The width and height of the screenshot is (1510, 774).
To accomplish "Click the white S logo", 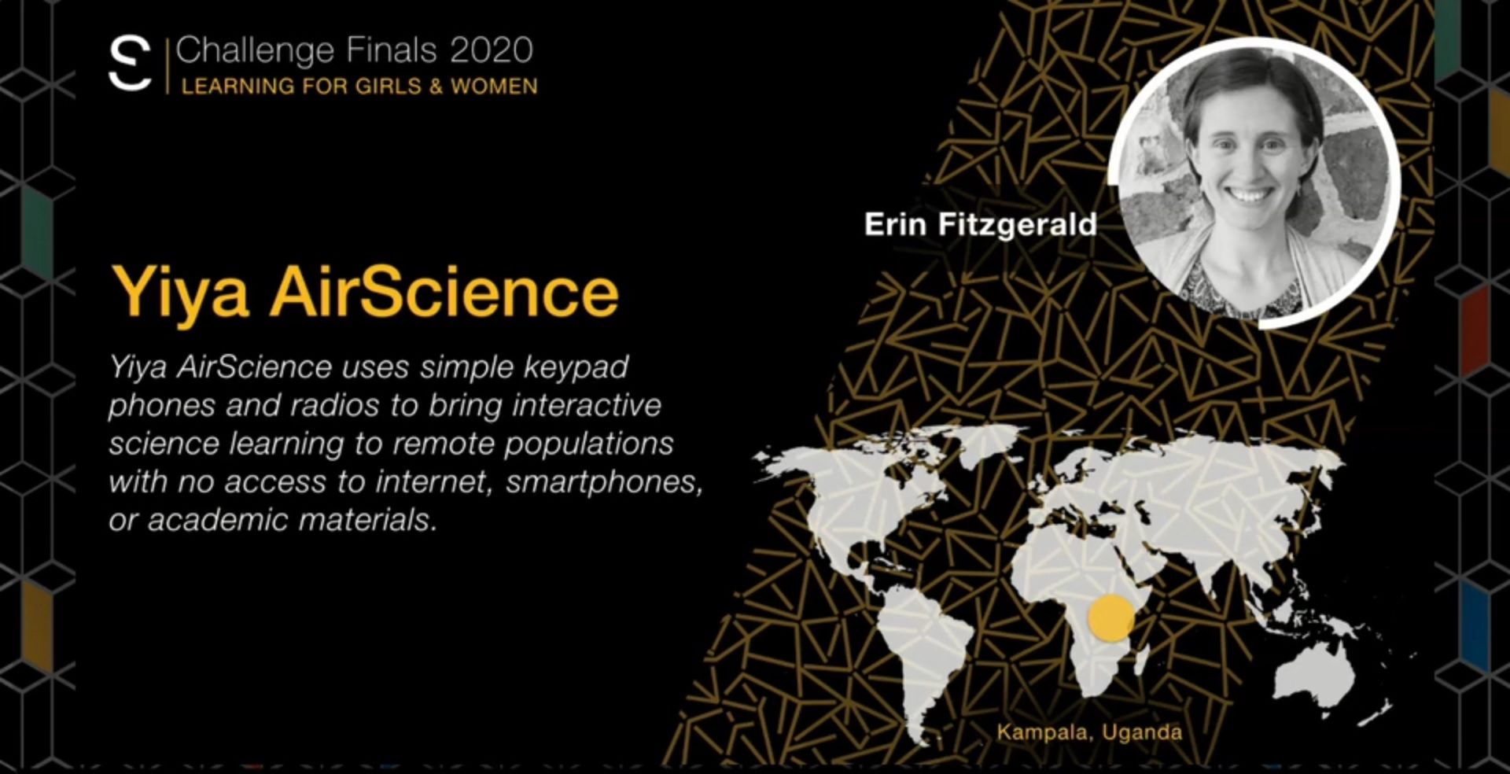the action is coord(130,63).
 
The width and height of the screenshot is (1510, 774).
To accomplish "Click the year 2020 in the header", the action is coord(492,50).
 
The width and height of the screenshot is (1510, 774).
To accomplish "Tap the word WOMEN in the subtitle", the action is coord(494,87).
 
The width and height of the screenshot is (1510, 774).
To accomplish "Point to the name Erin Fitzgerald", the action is coord(980,226).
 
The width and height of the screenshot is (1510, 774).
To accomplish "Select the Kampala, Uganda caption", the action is coord(1089,732).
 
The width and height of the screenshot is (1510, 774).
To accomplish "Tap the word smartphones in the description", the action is coord(604,482).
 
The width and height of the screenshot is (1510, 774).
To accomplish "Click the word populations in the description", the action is coord(588,444).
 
